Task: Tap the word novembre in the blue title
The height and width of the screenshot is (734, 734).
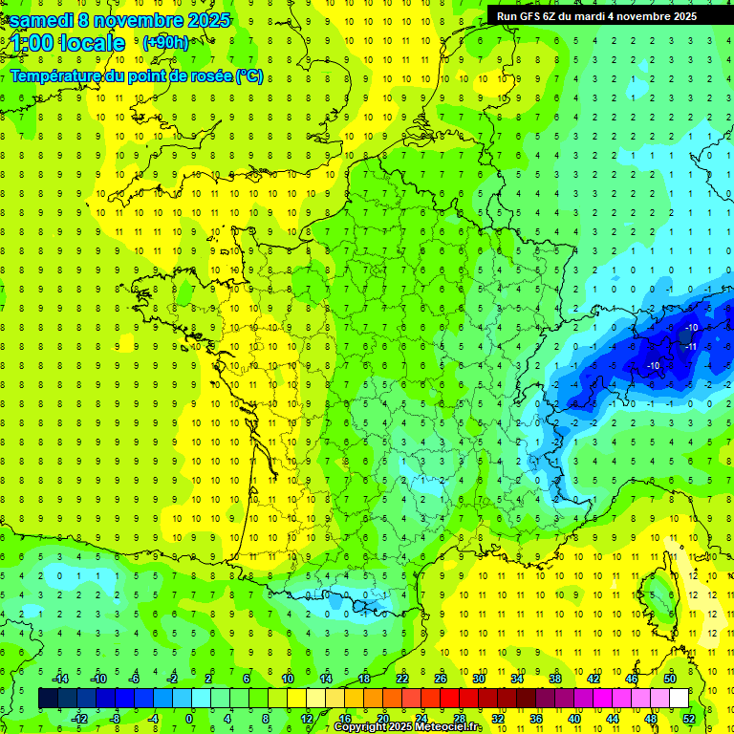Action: point(137,20)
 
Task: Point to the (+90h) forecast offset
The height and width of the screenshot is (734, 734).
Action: point(164,43)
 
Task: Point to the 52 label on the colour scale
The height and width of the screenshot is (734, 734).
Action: point(689,718)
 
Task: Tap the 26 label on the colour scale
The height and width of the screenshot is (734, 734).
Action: point(441,679)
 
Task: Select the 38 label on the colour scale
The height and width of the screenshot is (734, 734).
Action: point(555,679)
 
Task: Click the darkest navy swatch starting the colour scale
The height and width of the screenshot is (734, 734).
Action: point(48,699)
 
